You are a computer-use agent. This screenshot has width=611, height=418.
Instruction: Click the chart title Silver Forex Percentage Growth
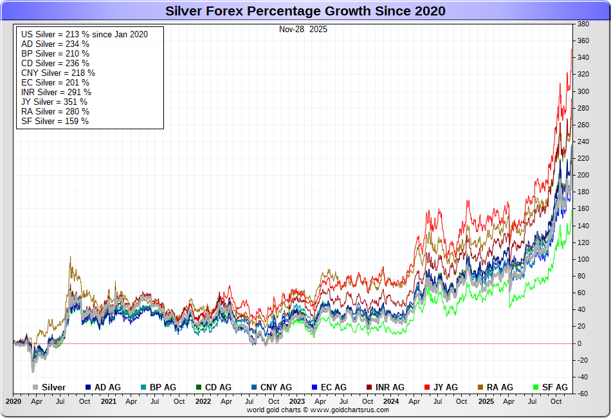point(305,11)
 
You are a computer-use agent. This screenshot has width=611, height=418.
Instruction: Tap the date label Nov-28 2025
point(303,29)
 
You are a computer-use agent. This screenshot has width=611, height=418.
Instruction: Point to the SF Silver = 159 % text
point(55,121)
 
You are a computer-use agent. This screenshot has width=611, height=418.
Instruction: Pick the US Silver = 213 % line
point(84,34)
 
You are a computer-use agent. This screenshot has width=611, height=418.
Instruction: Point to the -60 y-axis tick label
point(583,394)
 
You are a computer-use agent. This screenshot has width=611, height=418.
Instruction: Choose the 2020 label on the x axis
point(14,401)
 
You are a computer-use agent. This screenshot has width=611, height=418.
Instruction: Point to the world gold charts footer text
point(318,410)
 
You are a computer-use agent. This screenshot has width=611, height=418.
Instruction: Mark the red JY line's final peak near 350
point(571,50)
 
